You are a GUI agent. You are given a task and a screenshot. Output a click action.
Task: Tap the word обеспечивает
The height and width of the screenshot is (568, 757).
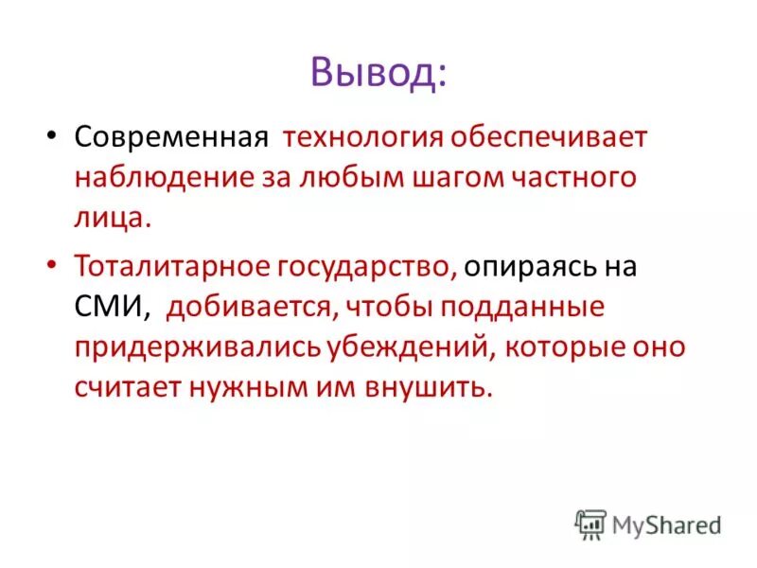[548, 138]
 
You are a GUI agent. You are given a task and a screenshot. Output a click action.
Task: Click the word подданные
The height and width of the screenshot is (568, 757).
[531, 307]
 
